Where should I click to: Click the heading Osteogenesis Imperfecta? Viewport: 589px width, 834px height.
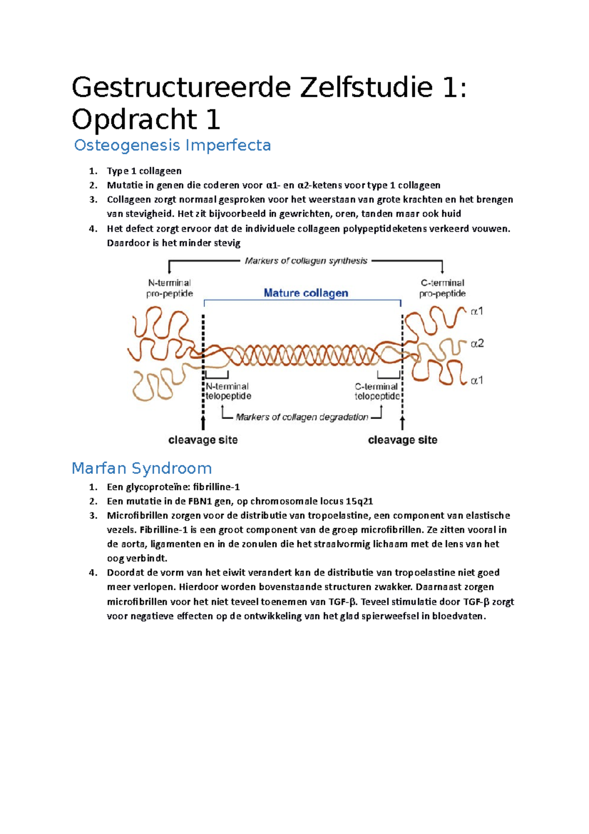point(172,145)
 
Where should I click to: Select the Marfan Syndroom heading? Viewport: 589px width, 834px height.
point(141,468)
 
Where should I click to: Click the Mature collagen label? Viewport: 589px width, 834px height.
point(306,293)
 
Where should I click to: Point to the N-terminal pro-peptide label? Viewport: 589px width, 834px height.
point(169,288)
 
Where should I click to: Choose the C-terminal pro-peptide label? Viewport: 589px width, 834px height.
point(442,288)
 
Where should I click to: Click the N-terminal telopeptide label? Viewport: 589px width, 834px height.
point(228,391)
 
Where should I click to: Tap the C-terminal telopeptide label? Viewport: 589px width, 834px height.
point(377,391)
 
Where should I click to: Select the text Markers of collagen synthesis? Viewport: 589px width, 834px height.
point(306,261)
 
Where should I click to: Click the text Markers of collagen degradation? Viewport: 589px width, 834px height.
point(302,417)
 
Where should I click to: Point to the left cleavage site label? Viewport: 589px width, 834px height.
point(203,440)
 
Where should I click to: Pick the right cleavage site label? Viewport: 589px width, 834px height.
point(402,440)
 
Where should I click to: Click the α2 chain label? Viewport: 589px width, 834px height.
point(477,344)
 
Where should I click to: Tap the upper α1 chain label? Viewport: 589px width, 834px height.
point(477,311)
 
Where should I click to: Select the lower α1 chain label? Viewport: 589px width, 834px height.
point(477,380)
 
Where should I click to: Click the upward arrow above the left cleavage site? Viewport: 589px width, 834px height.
point(203,422)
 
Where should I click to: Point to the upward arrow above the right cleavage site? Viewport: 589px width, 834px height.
point(402,422)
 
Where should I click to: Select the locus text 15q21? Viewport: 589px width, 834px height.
point(359,501)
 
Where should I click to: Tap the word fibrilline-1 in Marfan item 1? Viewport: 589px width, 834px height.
point(216,487)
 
